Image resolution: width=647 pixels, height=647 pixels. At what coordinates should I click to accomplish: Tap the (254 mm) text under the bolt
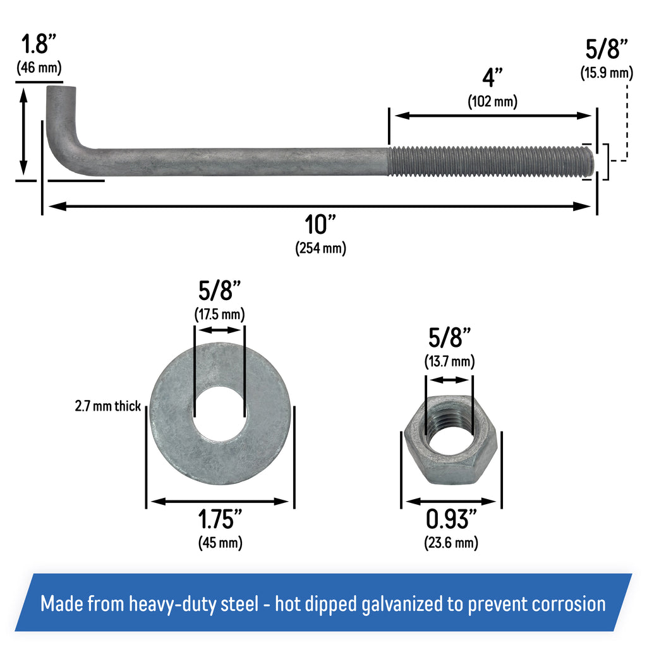click(320, 248)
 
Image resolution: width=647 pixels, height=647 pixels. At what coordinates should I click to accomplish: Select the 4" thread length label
click(492, 78)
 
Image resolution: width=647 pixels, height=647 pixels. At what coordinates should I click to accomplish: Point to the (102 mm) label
click(492, 101)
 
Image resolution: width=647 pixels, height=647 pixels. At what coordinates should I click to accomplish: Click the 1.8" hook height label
click(39, 45)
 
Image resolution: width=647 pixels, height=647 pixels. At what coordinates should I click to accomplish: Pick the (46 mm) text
click(39, 68)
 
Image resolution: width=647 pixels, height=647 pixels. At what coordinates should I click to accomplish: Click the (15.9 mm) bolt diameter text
click(606, 73)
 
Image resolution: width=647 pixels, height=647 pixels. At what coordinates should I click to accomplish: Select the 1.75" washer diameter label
click(220, 520)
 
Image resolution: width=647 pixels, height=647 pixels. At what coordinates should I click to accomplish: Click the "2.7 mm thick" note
click(107, 406)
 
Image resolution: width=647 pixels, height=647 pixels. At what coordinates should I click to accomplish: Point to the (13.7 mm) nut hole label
click(449, 361)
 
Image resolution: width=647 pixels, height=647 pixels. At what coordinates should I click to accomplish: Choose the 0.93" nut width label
click(451, 520)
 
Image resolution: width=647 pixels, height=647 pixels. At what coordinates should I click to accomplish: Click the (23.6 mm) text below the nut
click(451, 542)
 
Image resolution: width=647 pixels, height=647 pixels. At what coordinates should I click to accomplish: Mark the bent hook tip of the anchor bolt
click(62, 95)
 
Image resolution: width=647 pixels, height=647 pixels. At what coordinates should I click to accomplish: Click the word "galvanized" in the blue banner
click(408, 604)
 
